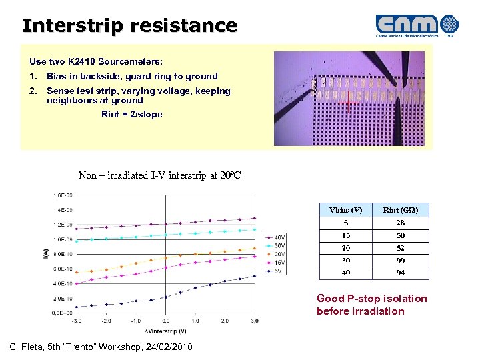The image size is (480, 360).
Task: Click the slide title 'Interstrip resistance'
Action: [130, 26]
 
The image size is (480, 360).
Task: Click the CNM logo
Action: [416, 25]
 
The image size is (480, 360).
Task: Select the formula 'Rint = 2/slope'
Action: [131, 114]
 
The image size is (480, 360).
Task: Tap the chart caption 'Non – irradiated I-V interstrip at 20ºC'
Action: [159, 175]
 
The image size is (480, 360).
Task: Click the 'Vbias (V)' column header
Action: [346, 210]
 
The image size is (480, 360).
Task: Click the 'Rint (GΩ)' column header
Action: [400, 210]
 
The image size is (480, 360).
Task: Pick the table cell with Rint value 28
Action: [400, 223]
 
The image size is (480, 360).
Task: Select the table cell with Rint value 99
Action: [400, 260]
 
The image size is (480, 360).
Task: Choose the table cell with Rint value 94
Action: [400, 273]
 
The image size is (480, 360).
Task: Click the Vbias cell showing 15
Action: [346, 235]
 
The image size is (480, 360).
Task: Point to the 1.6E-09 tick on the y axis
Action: [63, 195]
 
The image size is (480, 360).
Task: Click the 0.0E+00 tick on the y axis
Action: [63, 313]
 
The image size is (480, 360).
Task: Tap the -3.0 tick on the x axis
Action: [77, 321]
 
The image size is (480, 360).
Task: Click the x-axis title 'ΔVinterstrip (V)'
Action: [165, 331]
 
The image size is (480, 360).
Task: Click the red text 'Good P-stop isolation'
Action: [371, 299]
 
